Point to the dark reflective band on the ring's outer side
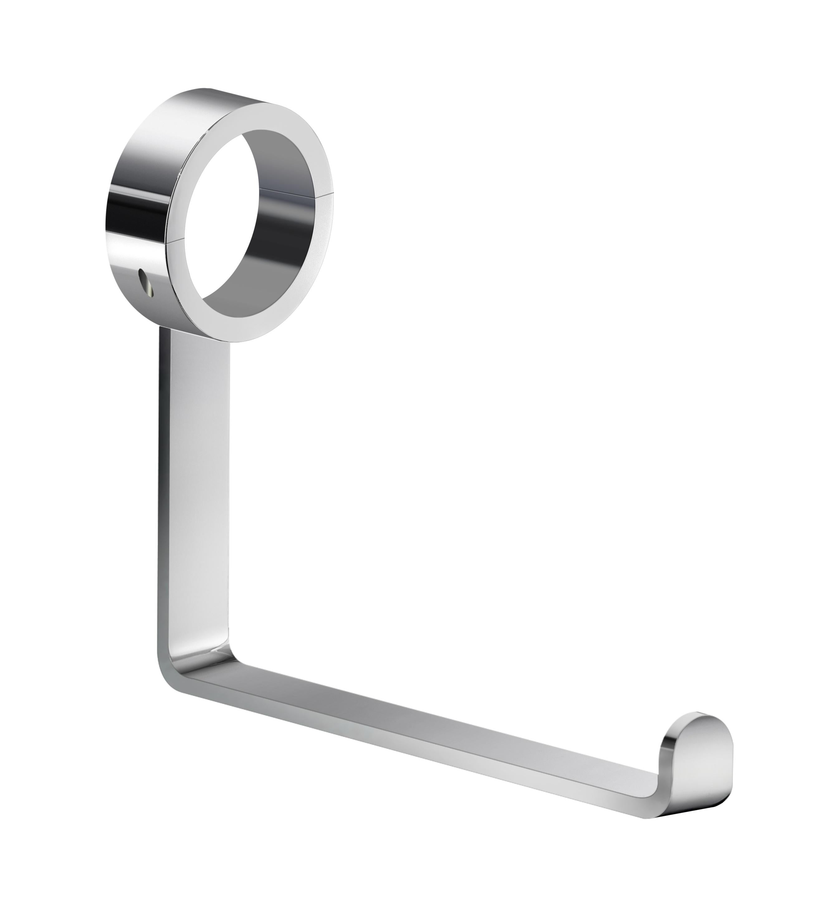tap(132, 213)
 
